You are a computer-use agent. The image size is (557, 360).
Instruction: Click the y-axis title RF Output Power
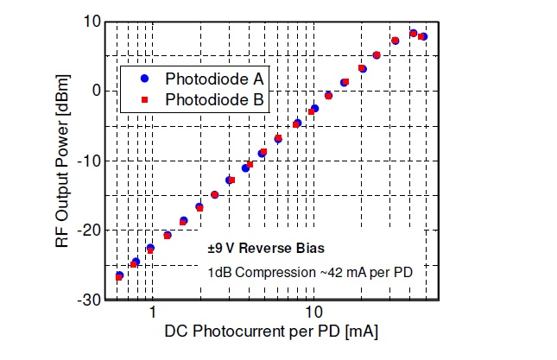click(x=62, y=161)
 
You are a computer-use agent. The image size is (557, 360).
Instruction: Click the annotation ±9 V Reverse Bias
click(x=266, y=249)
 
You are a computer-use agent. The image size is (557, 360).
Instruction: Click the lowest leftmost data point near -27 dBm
click(x=119, y=276)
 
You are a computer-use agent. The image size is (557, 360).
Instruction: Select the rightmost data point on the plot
click(x=422, y=36)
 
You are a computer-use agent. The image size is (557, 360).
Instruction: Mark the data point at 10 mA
click(x=314, y=109)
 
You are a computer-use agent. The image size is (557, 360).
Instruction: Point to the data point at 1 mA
click(x=150, y=249)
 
